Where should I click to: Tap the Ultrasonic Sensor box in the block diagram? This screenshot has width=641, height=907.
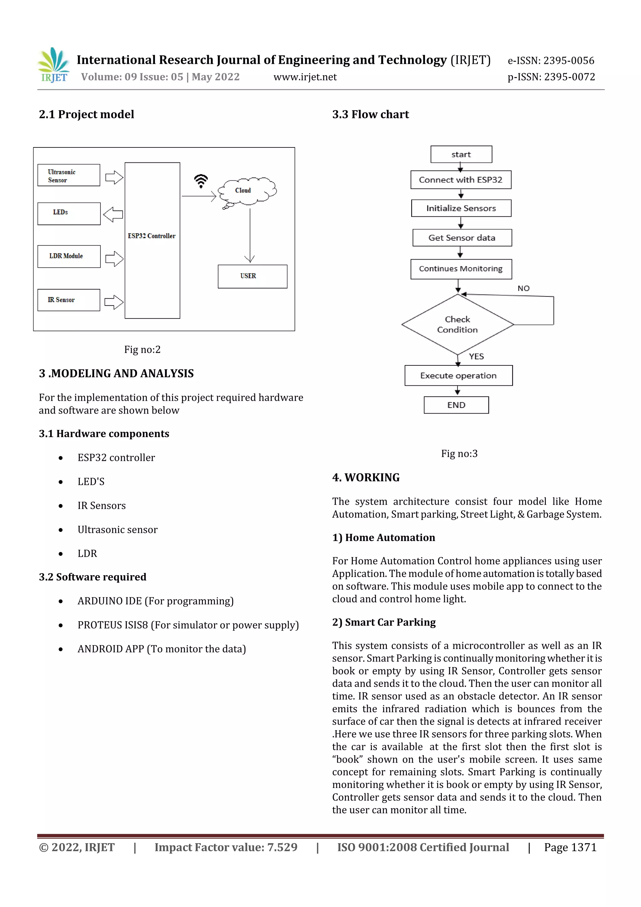(x=69, y=175)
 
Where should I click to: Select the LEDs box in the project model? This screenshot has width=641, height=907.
(x=69, y=214)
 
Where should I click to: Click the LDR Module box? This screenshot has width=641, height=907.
(x=69, y=256)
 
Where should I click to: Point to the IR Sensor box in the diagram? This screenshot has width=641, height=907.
(x=69, y=300)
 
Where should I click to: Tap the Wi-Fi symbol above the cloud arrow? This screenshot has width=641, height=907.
(x=201, y=181)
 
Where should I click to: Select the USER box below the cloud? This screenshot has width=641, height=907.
(x=252, y=276)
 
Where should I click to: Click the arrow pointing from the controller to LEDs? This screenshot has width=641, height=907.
(x=113, y=214)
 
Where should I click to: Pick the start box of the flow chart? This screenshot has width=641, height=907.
(x=461, y=154)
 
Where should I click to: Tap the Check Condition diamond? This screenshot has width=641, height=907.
(x=457, y=325)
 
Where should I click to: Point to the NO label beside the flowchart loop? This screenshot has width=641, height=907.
(x=523, y=288)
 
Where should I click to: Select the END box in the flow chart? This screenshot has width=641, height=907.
(x=456, y=405)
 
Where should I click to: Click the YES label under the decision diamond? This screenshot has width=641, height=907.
(x=476, y=356)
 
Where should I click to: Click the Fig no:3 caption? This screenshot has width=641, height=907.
(x=459, y=453)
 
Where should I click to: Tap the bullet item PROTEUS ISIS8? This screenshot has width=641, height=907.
(x=188, y=625)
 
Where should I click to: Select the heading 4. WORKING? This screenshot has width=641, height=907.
(x=366, y=477)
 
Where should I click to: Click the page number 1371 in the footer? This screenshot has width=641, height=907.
(x=583, y=847)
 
